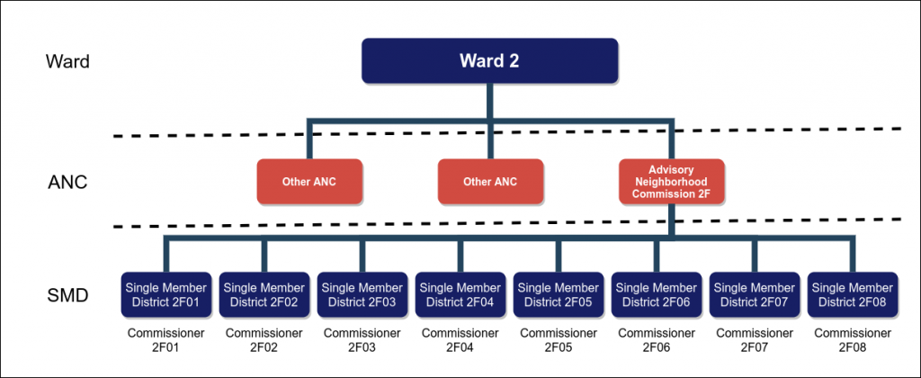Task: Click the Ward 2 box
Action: pyautogui.click(x=490, y=61)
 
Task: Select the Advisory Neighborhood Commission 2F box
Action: pyautogui.click(x=672, y=181)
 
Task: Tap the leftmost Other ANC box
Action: pyautogui.click(x=309, y=181)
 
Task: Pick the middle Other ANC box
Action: pyautogui.click(x=490, y=181)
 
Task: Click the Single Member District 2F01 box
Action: pyautogui.click(x=165, y=294)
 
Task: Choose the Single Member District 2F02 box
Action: pyautogui.click(x=264, y=294)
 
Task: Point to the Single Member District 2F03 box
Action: pyautogui.click(x=362, y=294)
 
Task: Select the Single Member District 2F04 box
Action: pyautogui.click(x=460, y=294)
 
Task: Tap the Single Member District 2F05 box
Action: pyautogui.click(x=558, y=294)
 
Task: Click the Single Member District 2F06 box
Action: pyautogui.click(x=656, y=294)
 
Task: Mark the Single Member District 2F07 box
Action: pyautogui.click(x=754, y=294)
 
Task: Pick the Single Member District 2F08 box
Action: pyautogui.click(x=852, y=294)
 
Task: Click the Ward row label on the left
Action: pyautogui.click(x=67, y=63)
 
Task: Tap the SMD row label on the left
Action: pyautogui.click(x=67, y=295)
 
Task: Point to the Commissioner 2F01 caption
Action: pyautogui.click(x=165, y=339)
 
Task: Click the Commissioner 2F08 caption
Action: pyautogui.click(x=852, y=339)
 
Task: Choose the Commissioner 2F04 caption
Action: pyautogui.click(x=460, y=339)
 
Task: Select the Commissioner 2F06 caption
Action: pyautogui.click(x=656, y=339)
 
